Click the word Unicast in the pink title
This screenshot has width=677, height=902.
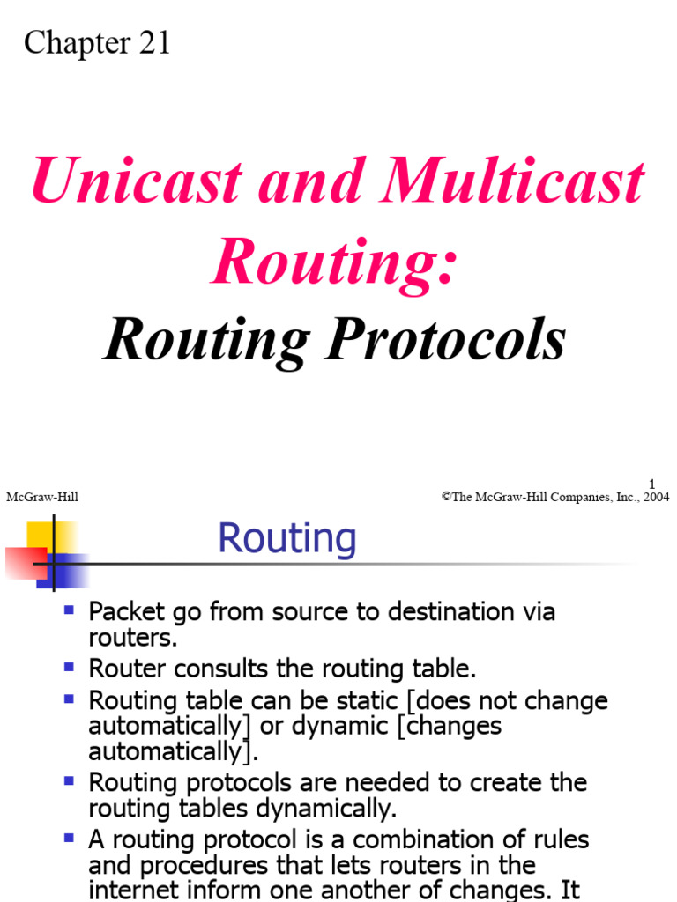[136, 183]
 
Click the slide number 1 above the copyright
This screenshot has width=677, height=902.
[652, 483]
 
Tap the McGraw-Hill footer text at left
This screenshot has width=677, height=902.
[42, 498]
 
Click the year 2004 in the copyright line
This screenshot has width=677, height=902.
[655, 498]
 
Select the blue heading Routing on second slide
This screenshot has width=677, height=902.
[287, 538]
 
